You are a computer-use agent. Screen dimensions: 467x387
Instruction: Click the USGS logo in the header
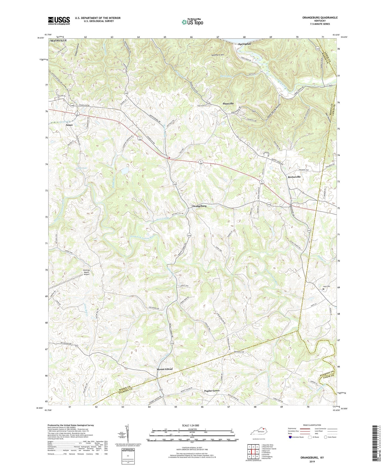(59, 21)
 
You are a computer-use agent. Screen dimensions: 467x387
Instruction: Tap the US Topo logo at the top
(192, 22)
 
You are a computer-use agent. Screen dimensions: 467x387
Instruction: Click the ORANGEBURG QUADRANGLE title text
(316, 18)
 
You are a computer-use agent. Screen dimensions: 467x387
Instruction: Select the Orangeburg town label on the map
(199, 206)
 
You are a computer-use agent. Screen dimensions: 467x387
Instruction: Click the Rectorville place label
(294, 177)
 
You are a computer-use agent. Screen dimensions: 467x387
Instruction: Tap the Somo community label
(69, 125)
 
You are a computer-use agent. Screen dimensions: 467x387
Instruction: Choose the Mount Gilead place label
(164, 369)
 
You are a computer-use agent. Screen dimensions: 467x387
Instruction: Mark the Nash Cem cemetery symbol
(323, 289)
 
